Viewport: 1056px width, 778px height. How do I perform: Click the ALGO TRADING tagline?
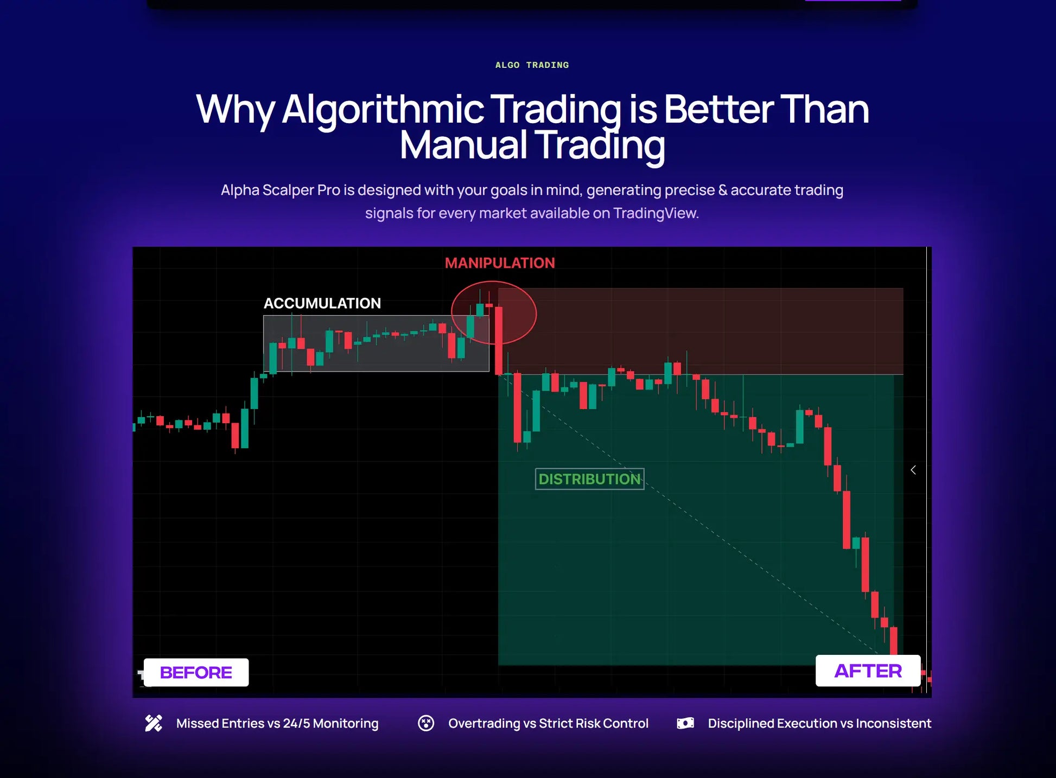pyautogui.click(x=532, y=65)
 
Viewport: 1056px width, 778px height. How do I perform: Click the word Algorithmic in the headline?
pyautogui.click(x=383, y=110)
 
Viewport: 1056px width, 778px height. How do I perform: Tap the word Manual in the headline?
pyautogui.click(x=463, y=145)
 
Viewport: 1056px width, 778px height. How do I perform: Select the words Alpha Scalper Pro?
pyautogui.click(x=281, y=190)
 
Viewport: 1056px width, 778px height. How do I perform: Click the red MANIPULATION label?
pyautogui.click(x=500, y=263)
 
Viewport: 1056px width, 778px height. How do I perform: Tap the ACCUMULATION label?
pyautogui.click(x=322, y=303)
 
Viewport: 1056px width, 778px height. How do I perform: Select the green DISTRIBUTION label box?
pyautogui.click(x=589, y=479)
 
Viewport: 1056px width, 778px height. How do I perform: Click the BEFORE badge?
pyautogui.click(x=196, y=673)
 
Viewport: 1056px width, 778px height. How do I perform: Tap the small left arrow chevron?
pyautogui.click(x=913, y=470)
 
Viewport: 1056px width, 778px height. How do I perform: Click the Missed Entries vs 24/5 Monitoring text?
pyautogui.click(x=277, y=724)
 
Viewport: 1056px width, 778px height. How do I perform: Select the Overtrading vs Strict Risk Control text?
pyautogui.click(x=548, y=724)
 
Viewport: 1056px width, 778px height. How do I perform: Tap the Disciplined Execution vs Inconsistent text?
pyautogui.click(x=819, y=724)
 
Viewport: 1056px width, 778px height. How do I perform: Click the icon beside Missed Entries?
pyautogui.click(x=154, y=723)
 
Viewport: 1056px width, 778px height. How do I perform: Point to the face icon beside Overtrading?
pyautogui.click(x=426, y=723)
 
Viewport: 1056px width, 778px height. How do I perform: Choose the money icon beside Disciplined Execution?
pyautogui.click(x=685, y=723)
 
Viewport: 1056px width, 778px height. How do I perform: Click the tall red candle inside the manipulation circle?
pyautogui.click(x=498, y=341)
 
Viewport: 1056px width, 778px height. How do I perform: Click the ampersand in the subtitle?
pyautogui.click(x=723, y=190)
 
